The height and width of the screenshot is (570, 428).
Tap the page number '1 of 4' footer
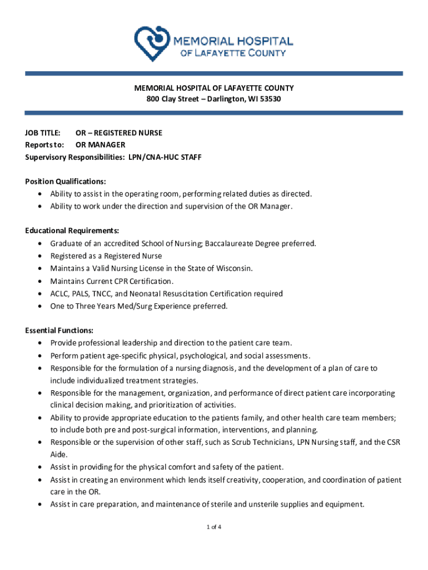[214, 527]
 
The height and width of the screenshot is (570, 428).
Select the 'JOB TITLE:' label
[43, 133]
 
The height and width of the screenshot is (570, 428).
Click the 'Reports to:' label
[44, 145]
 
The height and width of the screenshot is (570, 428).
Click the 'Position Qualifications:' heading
[66, 181]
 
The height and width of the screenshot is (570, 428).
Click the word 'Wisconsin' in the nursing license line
[234, 268]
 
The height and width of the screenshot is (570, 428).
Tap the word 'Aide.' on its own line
[59, 455]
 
